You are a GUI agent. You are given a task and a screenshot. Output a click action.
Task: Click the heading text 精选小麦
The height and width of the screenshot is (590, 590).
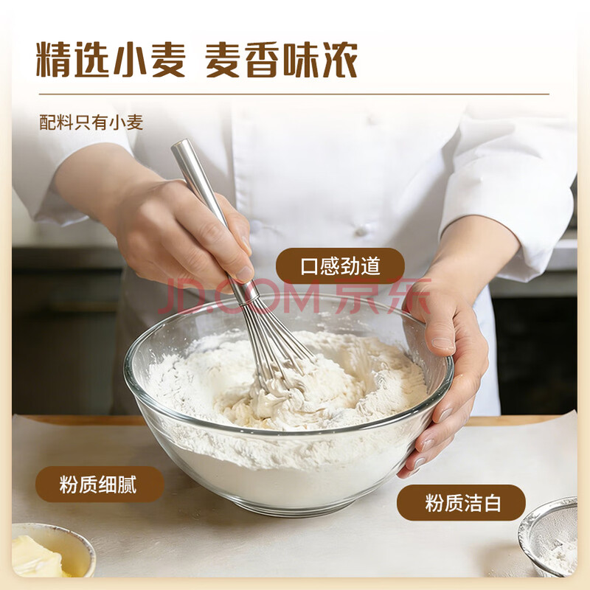click(111, 60)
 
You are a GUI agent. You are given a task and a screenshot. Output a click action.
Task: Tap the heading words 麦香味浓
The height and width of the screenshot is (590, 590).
click(281, 60)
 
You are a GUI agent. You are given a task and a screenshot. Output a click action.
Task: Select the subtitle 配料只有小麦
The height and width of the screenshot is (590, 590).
click(91, 122)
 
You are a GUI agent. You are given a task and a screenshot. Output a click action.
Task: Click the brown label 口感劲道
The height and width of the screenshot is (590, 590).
click(340, 265)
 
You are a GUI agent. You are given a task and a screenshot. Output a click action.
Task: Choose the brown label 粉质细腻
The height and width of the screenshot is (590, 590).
click(100, 485)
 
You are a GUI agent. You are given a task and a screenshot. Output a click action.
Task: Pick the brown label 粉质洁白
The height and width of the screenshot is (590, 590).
click(461, 503)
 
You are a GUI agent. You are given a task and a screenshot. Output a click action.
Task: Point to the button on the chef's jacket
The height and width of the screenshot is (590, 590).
click(361, 229)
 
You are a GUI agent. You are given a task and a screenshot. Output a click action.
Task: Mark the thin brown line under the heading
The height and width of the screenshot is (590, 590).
click(294, 94)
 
